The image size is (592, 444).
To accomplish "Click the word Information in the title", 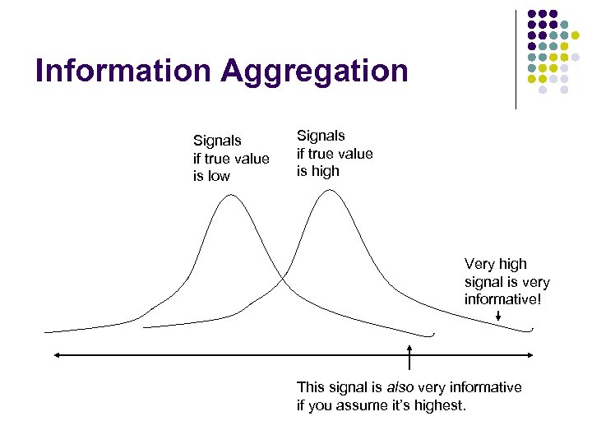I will tap(123, 71).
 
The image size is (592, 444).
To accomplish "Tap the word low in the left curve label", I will tap(220, 177).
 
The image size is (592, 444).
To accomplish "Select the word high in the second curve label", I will tap(326, 172).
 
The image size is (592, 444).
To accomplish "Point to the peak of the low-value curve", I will tap(233, 195).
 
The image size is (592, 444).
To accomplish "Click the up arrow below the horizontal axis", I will tap(409, 352).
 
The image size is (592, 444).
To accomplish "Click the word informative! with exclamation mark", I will tap(503, 300).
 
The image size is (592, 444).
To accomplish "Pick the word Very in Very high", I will tap(479, 264).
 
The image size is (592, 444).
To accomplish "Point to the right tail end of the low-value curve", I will tap(432, 335).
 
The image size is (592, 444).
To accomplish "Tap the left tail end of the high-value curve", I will tap(145, 327).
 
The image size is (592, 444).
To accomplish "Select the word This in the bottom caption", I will tap(311, 387).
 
